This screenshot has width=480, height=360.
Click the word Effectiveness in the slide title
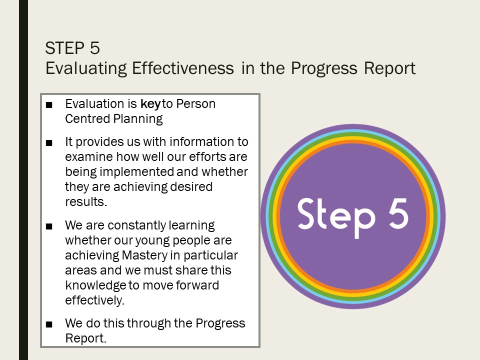pyautogui.click(x=183, y=68)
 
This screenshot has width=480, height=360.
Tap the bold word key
pyautogui.click(x=150, y=104)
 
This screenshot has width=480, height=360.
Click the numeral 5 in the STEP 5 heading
pyautogui.click(x=95, y=48)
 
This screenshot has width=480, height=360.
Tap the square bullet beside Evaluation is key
pyautogui.click(x=49, y=105)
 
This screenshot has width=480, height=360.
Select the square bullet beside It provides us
pyautogui.click(x=49, y=143)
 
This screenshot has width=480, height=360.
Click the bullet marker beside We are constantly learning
pyautogui.click(x=49, y=226)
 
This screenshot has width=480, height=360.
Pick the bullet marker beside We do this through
pyautogui.click(x=49, y=324)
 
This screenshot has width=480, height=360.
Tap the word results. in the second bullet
pyautogui.click(x=86, y=201)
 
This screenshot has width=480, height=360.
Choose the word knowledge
pyautogui.click(x=95, y=285)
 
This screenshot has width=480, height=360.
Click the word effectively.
pyautogui.click(x=95, y=300)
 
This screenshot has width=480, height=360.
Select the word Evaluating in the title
pyautogui.click(x=86, y=68)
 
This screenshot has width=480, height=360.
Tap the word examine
pyautogui.click(x=89, y=156)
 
